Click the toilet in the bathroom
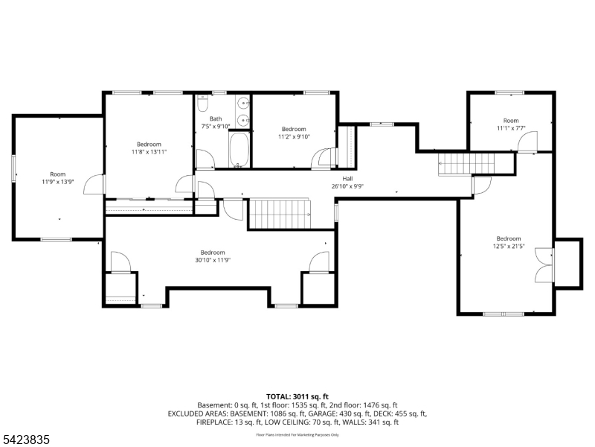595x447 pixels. pos(203,105)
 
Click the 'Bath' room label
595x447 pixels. pos(216,118)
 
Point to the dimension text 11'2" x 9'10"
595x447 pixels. pos(293,136)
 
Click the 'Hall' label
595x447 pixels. pos(347,179)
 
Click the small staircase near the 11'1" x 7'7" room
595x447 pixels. pos(454,162)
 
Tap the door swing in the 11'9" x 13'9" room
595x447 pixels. pos(94,184)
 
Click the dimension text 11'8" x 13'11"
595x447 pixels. pos(149,151)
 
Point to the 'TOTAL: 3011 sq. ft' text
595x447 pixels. pos(297,396)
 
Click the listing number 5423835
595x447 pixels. pos(25,440)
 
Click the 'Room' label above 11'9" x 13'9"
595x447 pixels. pos(57,174)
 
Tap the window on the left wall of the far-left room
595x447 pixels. pos(13,168)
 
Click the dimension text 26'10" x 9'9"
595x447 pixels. pos(347,186)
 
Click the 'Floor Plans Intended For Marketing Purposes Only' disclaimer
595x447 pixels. pos(297,434)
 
